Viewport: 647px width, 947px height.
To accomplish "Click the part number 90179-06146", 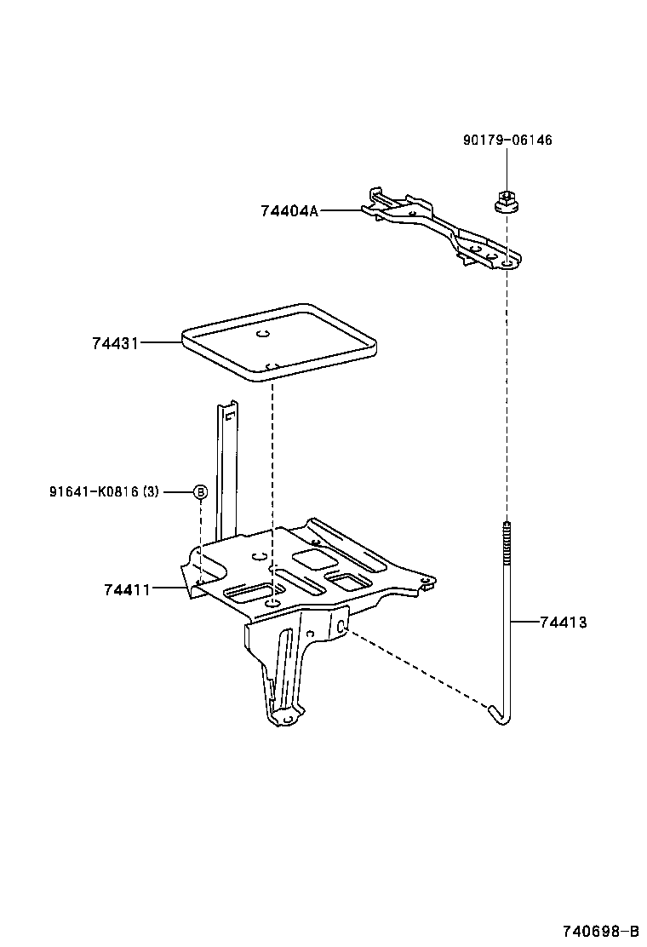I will click(507, 140).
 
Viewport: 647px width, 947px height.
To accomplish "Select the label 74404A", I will click(289, 210).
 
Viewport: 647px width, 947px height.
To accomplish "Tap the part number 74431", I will click(115, 342).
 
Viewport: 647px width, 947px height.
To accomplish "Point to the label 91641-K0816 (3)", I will click(104, 491).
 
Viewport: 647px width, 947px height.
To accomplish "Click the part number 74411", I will click(127, 589).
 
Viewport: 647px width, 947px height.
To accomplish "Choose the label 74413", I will click(563, 623).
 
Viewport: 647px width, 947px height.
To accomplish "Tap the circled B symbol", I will click(200, 491).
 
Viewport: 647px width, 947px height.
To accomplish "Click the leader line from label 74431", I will click(160, 342).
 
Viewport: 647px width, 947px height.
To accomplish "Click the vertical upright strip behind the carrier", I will click(226, 468).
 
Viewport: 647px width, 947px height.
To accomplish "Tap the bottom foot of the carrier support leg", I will click(285, 720).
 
